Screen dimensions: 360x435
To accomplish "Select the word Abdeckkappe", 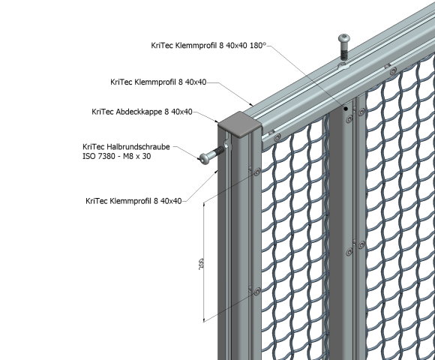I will point(144,111).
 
